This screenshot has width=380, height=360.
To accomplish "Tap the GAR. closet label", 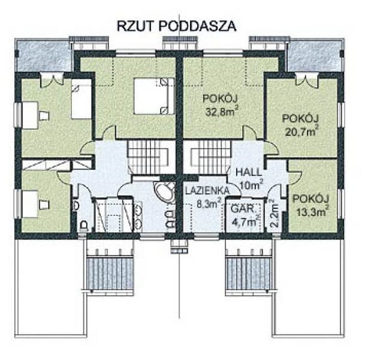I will pos(241,210).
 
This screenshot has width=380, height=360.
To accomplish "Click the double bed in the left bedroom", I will pos(154,95).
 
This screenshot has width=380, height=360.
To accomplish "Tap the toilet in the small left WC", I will pos(84,226).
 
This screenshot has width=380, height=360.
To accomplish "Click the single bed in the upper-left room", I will pos(82,101).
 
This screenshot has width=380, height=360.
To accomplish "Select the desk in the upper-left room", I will pos(30,113).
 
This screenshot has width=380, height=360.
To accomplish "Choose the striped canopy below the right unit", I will pos(246,273).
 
